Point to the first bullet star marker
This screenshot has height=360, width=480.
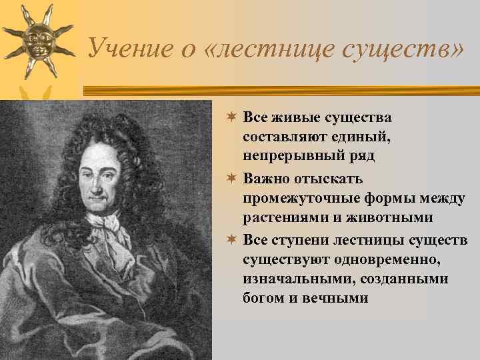231,118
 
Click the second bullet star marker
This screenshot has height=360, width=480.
231,179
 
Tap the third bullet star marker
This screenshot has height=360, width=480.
231,239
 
